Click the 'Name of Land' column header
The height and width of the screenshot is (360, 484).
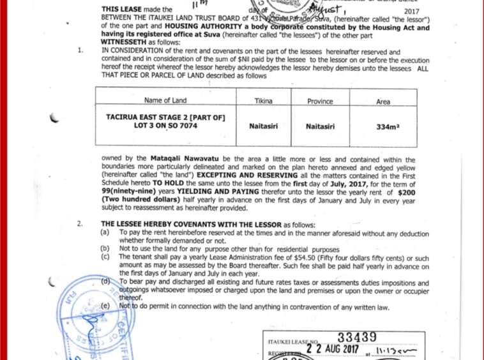pyautogui.click(x=165, y=100)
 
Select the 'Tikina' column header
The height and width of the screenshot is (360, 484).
pyautogui.click(x=263, y=101)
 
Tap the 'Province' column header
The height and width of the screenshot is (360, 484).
pyautogui.click(x=320, y=101)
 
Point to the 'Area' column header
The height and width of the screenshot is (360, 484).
pyautogui.click(x=383, y=101)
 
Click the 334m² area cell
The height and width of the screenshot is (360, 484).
pyautogui.click(x=388, y=127)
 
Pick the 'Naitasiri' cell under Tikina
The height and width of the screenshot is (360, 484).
pyautogui.click(x=263, y=126)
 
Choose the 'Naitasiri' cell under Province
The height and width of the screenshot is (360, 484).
pyautogui.click(x=320, y=126)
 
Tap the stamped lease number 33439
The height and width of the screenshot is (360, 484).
pyautogui.click(x=357, y=337)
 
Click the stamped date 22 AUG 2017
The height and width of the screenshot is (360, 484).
pyautogui.click(x=333, y=349)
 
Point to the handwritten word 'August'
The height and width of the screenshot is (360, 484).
pyautogui.click(x=328, y=9)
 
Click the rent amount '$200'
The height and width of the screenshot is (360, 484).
pyautogui.click(x=406, y=191)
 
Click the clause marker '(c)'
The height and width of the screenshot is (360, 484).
pyautogui.click(x=105, y=256)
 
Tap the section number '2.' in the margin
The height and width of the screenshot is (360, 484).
pyautogui.click(x=80, y=224)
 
